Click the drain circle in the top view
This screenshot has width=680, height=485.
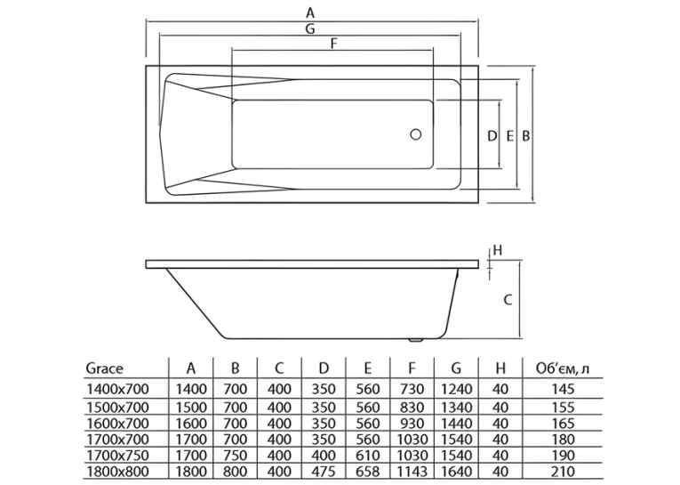pyautogui.click(x=415, y=134)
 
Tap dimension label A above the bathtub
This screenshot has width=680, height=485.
pyautogui.click(x=309, y=13)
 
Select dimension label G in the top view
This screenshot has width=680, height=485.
pyautogui.click(x=310, y=29)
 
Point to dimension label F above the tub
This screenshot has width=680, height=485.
pyautogui.click(x=334, y=44)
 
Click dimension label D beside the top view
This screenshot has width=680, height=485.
pyautogui.click(x=492, y=136)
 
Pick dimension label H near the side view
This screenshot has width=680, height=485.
pyautogui.click(x=498, y=250)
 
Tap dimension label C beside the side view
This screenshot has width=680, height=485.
pyautogui.click(x=508, y=300)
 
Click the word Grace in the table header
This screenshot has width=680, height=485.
pyautogui.click(x=105, y=368)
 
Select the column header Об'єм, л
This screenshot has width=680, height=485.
pyautogui.click(x=563, y=368)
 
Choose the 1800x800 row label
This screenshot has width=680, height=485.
pyautogui.click(x=118, y=471)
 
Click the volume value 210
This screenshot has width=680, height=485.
pyautogui.click(x=564, y=471)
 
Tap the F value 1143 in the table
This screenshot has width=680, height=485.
pyautogui.click(x=412, y=471)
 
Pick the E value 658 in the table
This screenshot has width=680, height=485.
pyautogui.click(x=368, y=471)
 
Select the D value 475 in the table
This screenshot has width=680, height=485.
pyautogui.click(x=324, y=471)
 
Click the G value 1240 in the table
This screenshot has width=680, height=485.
pyautogui.click(x=456, y=389)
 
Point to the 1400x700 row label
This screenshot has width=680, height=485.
pyautogui.click(x=118, y=389)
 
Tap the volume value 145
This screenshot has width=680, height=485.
pyautogui.click(x=564, y=389)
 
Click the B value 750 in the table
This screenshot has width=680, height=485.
pyautogui.click(x=235, y=455)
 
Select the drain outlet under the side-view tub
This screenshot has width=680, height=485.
pyautogui.click(x=416, y=341)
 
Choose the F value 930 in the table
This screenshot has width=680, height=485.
pyautogui.click(x=412, y=423)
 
